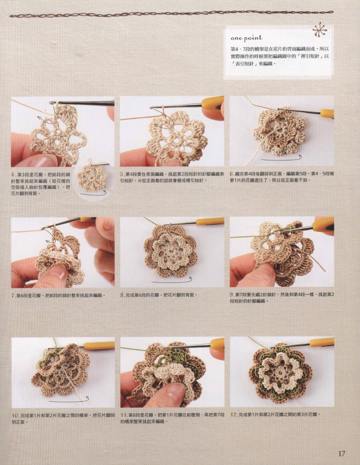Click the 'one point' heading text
[246, 38]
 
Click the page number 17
[342, 454]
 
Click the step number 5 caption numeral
[122, 174]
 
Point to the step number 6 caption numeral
[231, 174]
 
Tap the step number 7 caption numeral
[13, 295]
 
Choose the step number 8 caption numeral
[122, 295]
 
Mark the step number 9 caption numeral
[231, 295]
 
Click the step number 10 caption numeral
[15, 416]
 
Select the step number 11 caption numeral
[123, 415]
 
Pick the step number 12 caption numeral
[233, 415]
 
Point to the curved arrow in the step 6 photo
[281, 159]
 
